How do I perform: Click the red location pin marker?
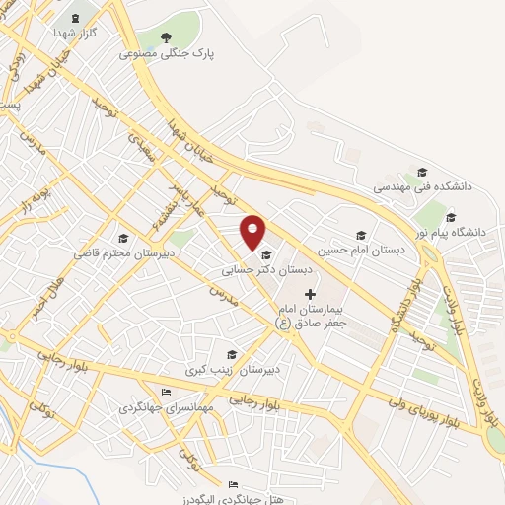(x=253, y=231)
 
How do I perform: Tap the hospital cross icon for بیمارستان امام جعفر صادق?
(x=311, y=293)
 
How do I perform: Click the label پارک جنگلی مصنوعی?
(x=167, y=53)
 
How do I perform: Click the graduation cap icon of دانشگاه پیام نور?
(x=451, y=218)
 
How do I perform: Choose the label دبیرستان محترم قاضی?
(x=114, y=253)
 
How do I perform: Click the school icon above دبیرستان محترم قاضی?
(x=123, y=238)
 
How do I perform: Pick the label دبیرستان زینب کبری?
(x=221, y=370)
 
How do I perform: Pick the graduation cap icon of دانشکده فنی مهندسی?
(x=421, y=170)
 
